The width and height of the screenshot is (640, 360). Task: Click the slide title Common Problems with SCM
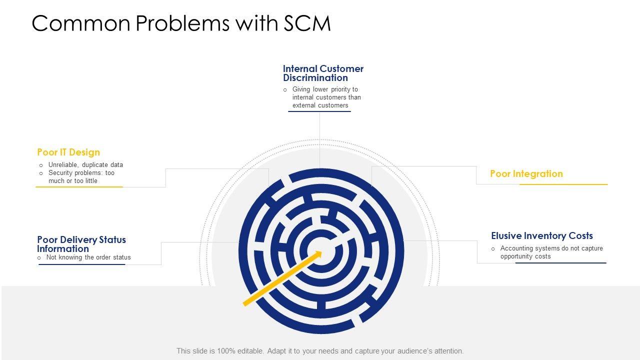coord(181,23)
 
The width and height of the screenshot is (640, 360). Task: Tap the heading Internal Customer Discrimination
coord(323,73)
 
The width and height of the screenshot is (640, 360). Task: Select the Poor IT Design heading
coord(68,152)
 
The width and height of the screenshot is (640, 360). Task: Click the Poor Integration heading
coord(526,173)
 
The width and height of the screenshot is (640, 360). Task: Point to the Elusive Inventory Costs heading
coord(541,235)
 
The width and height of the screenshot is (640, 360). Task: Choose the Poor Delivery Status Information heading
coord(81,244)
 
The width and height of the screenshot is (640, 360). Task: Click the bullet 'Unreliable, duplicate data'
coord(85,164)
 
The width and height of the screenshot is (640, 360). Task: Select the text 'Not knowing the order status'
coord(88,257)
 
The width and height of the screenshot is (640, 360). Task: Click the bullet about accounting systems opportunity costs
coord(551,252)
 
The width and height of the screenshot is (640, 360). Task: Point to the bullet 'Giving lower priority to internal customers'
coord(326,97)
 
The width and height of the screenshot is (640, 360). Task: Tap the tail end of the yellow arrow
coord(245,303)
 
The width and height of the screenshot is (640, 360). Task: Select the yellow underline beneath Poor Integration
coord(563,184)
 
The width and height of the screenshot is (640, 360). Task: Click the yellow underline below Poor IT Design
coord(79,187)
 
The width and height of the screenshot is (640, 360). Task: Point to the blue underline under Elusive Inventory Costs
coord(560,263)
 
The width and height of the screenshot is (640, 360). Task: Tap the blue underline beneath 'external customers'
coord(319,111)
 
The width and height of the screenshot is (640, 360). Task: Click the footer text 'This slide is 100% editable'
coord(320,351)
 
